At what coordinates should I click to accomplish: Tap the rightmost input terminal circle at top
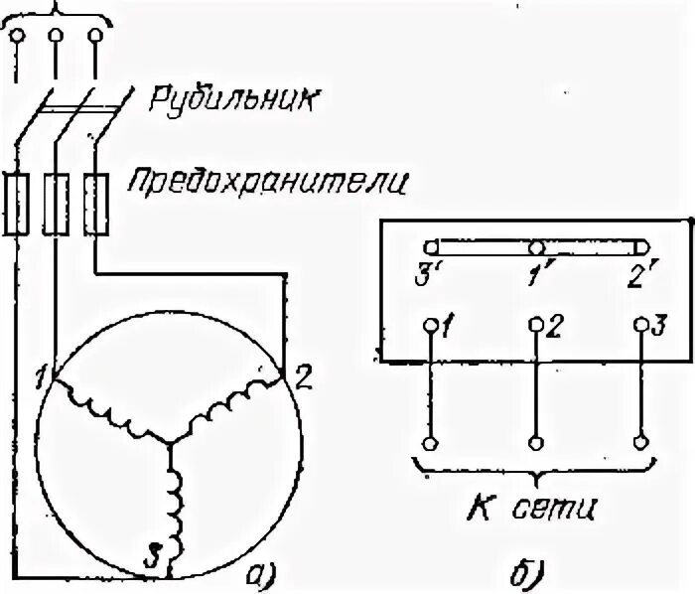95,37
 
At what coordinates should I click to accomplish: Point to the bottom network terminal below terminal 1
430,442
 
